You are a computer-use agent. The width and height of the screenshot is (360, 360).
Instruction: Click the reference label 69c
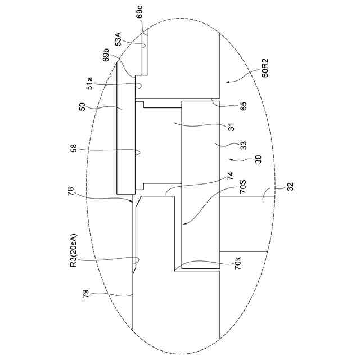coord(139,11)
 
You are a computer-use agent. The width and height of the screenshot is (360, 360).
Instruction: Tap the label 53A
coord(119,39)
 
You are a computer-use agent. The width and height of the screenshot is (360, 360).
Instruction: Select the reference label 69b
coord(106,55)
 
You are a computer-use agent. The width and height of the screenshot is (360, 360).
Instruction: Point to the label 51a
coord(89,83)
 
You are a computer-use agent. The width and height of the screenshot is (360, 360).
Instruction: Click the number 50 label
coord(82,106)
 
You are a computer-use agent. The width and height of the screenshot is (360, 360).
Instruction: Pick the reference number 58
coord(74,148)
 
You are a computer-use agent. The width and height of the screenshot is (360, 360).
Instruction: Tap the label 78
coord(70,191)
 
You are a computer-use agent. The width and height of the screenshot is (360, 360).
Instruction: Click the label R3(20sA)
coord(74,250)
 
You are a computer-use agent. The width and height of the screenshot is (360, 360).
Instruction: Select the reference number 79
coord(85,294)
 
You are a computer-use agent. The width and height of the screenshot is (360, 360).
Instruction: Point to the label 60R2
coord(265,68)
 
